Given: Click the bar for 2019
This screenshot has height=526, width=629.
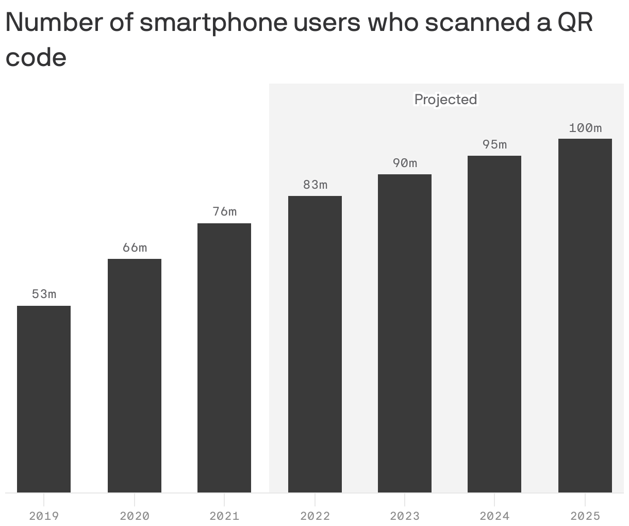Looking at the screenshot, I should [44, 399].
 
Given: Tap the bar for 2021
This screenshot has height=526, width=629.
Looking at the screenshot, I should [224, 358].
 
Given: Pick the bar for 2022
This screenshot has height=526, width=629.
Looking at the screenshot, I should [315, 344].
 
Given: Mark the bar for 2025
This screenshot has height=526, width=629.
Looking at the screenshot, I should [585, 316].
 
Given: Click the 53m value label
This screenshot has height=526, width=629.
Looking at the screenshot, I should [44, 294].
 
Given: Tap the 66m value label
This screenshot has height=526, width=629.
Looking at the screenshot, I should [135, 248].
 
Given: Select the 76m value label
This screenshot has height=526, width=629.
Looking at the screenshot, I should [224, 211].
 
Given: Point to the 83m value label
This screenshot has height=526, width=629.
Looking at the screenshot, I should [315, 185].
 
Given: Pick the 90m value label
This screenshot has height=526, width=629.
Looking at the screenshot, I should [405, 163].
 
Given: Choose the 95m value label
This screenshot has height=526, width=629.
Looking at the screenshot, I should [494, 144].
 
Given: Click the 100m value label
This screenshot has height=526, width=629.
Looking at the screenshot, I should [585, 128].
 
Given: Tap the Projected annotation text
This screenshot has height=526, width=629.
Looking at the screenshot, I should [446, 99].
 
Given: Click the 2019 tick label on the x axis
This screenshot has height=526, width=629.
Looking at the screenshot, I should [44, 516].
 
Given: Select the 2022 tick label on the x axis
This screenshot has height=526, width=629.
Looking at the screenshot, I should [315, 516].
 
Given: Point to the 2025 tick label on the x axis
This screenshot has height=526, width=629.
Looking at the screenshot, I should [585, 516].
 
